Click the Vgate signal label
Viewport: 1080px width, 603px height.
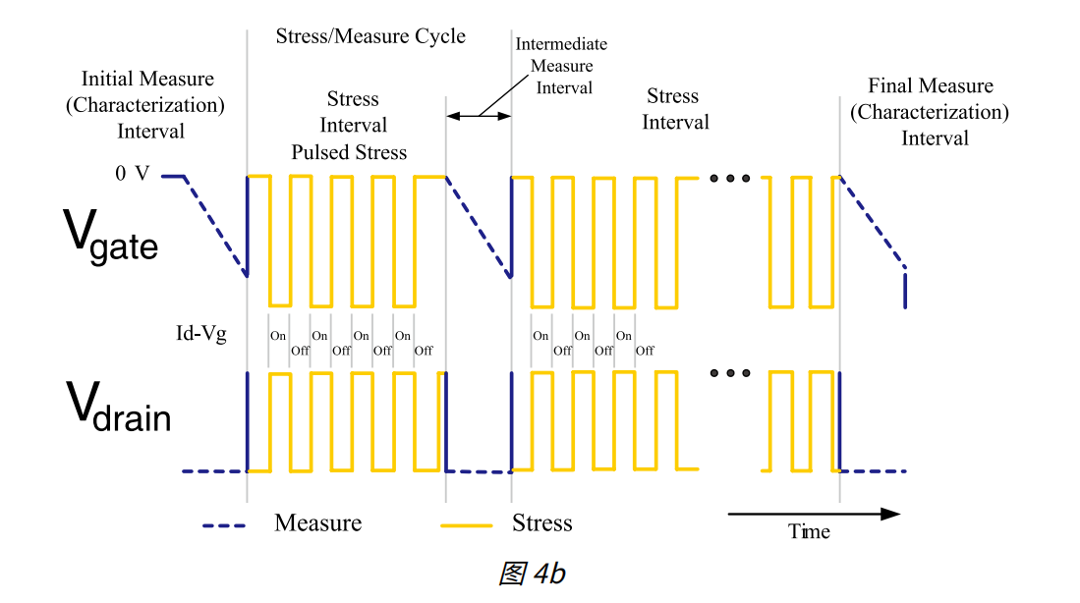(x=110, y=237)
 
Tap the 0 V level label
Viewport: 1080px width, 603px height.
(x=132, y=174)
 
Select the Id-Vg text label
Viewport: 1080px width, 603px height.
(x=195, y=334)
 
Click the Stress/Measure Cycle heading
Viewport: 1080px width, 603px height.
(x=370, y=36)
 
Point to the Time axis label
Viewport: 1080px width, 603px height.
(x=809, y=532)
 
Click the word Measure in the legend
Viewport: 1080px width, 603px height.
(x=318, y=523)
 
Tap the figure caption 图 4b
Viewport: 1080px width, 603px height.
(x=532, y=575)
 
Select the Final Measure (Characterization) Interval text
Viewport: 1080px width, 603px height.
(x=930, y=112)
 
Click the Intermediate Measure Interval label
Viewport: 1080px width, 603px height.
(x=562, y=66)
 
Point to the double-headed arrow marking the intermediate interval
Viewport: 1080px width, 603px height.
(x=479, y=116)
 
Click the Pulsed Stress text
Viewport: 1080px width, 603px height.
(x=349, y=152)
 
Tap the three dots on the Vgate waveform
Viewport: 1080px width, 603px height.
(x=730, y=179)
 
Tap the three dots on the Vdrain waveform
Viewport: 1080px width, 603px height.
(x=730, y=373)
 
